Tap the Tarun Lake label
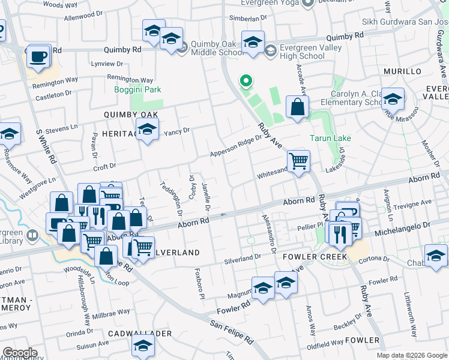tap(330, 138)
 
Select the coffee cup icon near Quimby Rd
tap(39, 56)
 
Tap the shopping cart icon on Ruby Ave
tap(298, 161)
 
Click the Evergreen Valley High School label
tap(304, 52)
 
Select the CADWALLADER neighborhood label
tap(140, 333)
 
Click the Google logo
tap(19, 353)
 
